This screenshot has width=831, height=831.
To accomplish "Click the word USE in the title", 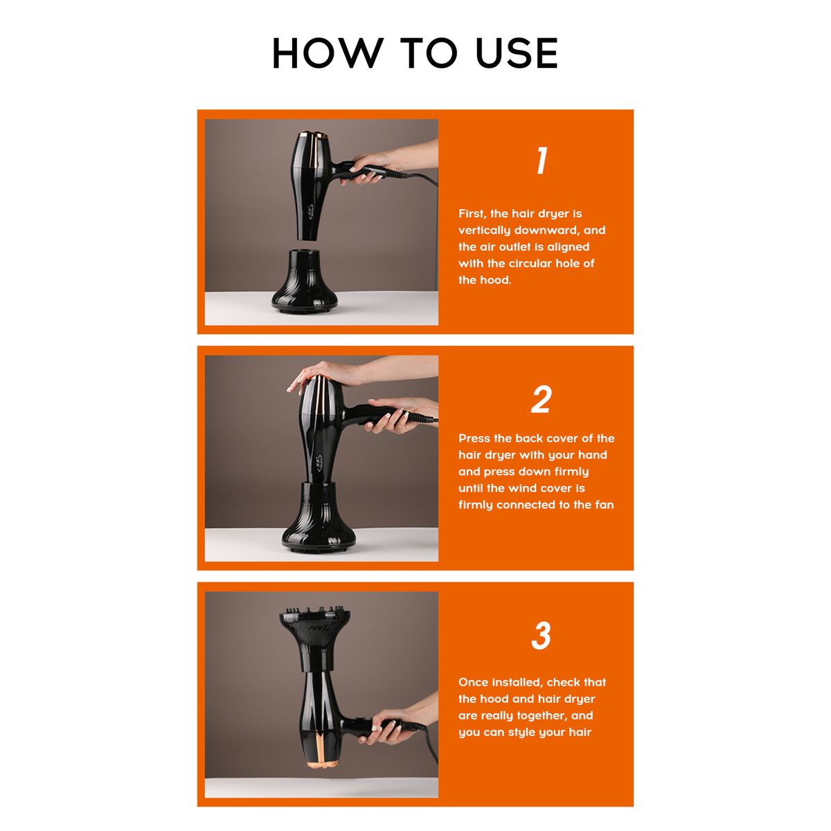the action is [516, 53].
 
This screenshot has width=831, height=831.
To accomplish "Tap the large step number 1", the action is [542, 161].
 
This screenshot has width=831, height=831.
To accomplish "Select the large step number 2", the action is [541, 400].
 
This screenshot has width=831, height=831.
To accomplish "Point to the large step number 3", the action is [542, 635].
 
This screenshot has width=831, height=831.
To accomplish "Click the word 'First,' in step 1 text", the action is [472, 214].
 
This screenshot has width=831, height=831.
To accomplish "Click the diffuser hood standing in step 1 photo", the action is [305, 280].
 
